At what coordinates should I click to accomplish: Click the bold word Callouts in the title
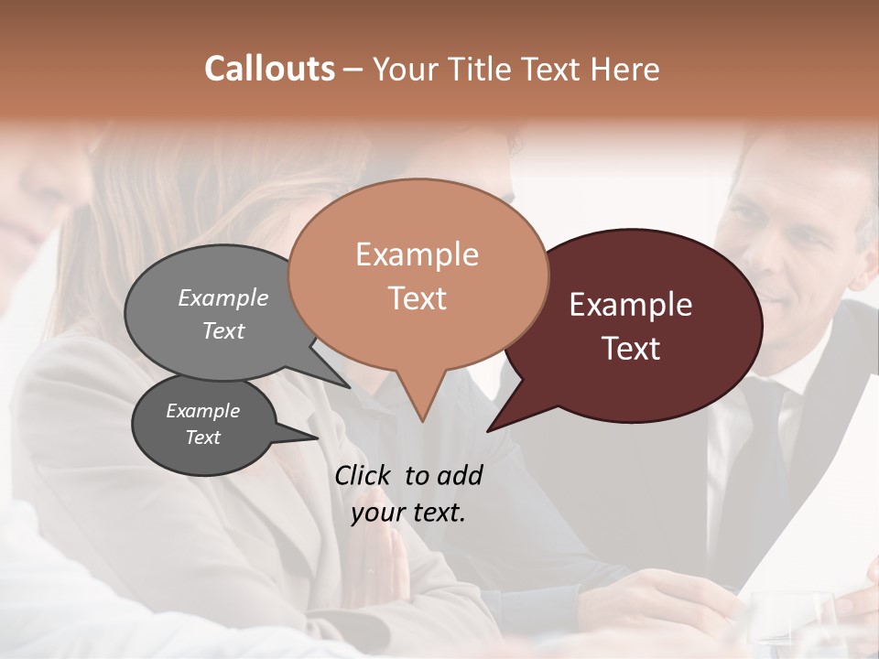coord(269,69)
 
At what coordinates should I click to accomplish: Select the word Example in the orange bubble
coord(417,254)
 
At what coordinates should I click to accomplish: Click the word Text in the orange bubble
coord(417,298)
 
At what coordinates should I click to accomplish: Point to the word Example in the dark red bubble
coord(631,305)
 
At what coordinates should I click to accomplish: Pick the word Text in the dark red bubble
coord(631,349)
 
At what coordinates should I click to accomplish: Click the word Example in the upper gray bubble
coord(223,297)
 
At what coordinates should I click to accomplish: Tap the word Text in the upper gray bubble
coord(223,330)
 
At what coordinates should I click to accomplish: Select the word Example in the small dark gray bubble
coord(202,411)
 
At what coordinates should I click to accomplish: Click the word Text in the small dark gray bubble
coord(202,438)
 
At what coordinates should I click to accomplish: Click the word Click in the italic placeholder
coord(364,475)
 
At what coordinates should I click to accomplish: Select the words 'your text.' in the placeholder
coord(408,513)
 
